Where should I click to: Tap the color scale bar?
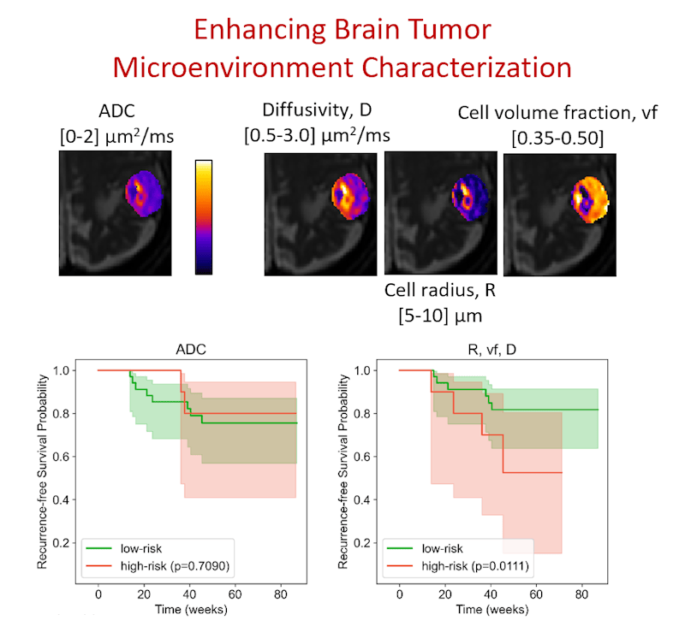[x=204, y=216]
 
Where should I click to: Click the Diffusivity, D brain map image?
[x=321, y=210]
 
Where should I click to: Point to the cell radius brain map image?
[x=440, y=211]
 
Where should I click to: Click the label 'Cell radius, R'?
[x=440, y=290]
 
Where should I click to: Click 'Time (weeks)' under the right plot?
[x=491, y=610]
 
